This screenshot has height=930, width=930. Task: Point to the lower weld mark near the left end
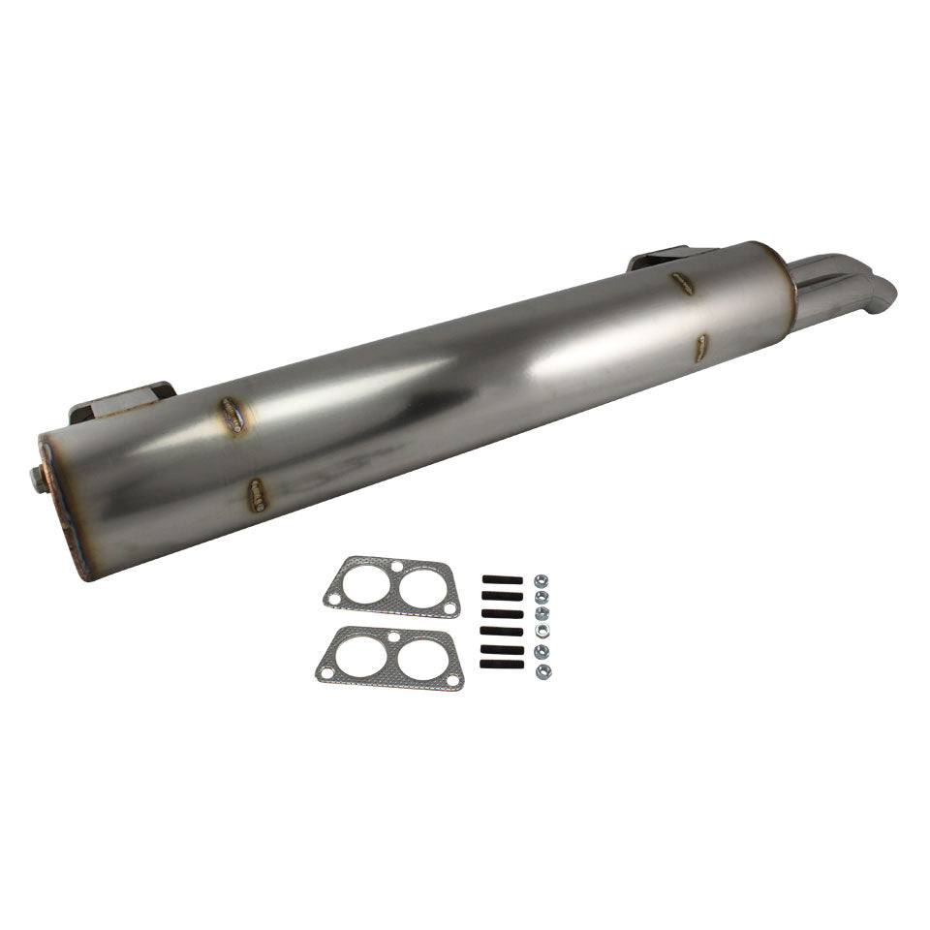click(x=258, y=495)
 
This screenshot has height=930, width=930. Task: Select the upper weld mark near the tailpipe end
click(x=682, y=283)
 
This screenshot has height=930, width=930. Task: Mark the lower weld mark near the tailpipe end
click(x=700, y=349)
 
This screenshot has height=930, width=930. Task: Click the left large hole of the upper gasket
click(x=363, y=582)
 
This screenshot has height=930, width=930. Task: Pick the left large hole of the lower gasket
click(x=359, y=654)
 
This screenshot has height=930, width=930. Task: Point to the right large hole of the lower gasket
click(x=422, y=660)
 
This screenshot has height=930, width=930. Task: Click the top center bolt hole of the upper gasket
click(x=393, y=565)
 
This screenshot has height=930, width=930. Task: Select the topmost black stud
click(x=501, y=580)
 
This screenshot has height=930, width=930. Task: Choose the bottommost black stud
click(x=501, y=664)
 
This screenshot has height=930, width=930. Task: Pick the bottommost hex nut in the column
click(x=542, y=669)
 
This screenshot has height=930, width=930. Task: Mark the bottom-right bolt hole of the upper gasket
click(x=449, y=608)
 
